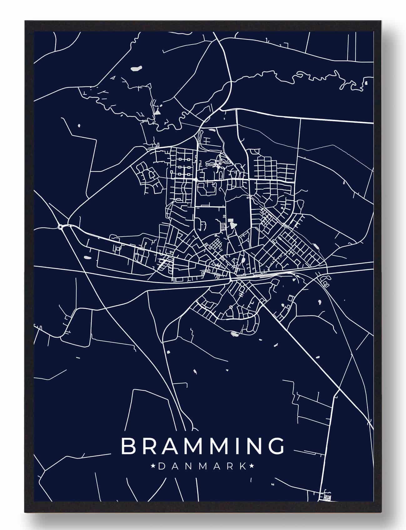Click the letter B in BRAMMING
[128, 446]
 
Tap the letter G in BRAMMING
[277, 446]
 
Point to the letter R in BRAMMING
[148, 446]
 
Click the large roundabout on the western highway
[60, 227]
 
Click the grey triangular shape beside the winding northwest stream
[158, 110]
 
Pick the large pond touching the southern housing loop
[235, 334]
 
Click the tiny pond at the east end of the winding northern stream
[366, 83]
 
